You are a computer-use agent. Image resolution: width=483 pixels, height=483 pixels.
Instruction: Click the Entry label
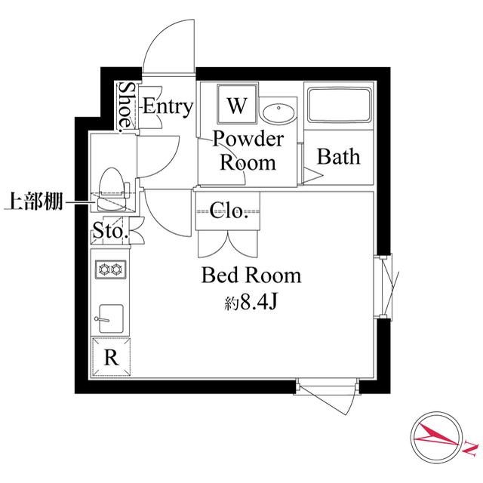[x=168, y=106]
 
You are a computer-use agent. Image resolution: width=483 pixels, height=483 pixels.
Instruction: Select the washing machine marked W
[x=236, y=105]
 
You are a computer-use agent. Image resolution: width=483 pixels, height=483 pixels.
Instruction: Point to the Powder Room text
[x=248, y=151]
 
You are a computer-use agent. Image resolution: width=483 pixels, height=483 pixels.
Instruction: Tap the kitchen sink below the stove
[x=111, y=316]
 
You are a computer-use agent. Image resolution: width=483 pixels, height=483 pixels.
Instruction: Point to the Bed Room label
[x=251, y=275]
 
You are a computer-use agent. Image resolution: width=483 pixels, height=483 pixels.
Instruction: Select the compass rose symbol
[x=436, y=436]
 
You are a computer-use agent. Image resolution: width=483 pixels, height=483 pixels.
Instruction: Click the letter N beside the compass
[x=470, y=447]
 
